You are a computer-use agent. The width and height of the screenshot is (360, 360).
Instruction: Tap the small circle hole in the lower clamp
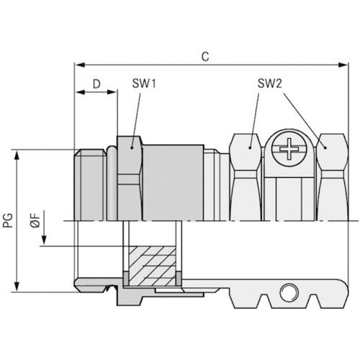point(289,292)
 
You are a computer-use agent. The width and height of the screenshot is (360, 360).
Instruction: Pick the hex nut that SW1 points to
point(129,176)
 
